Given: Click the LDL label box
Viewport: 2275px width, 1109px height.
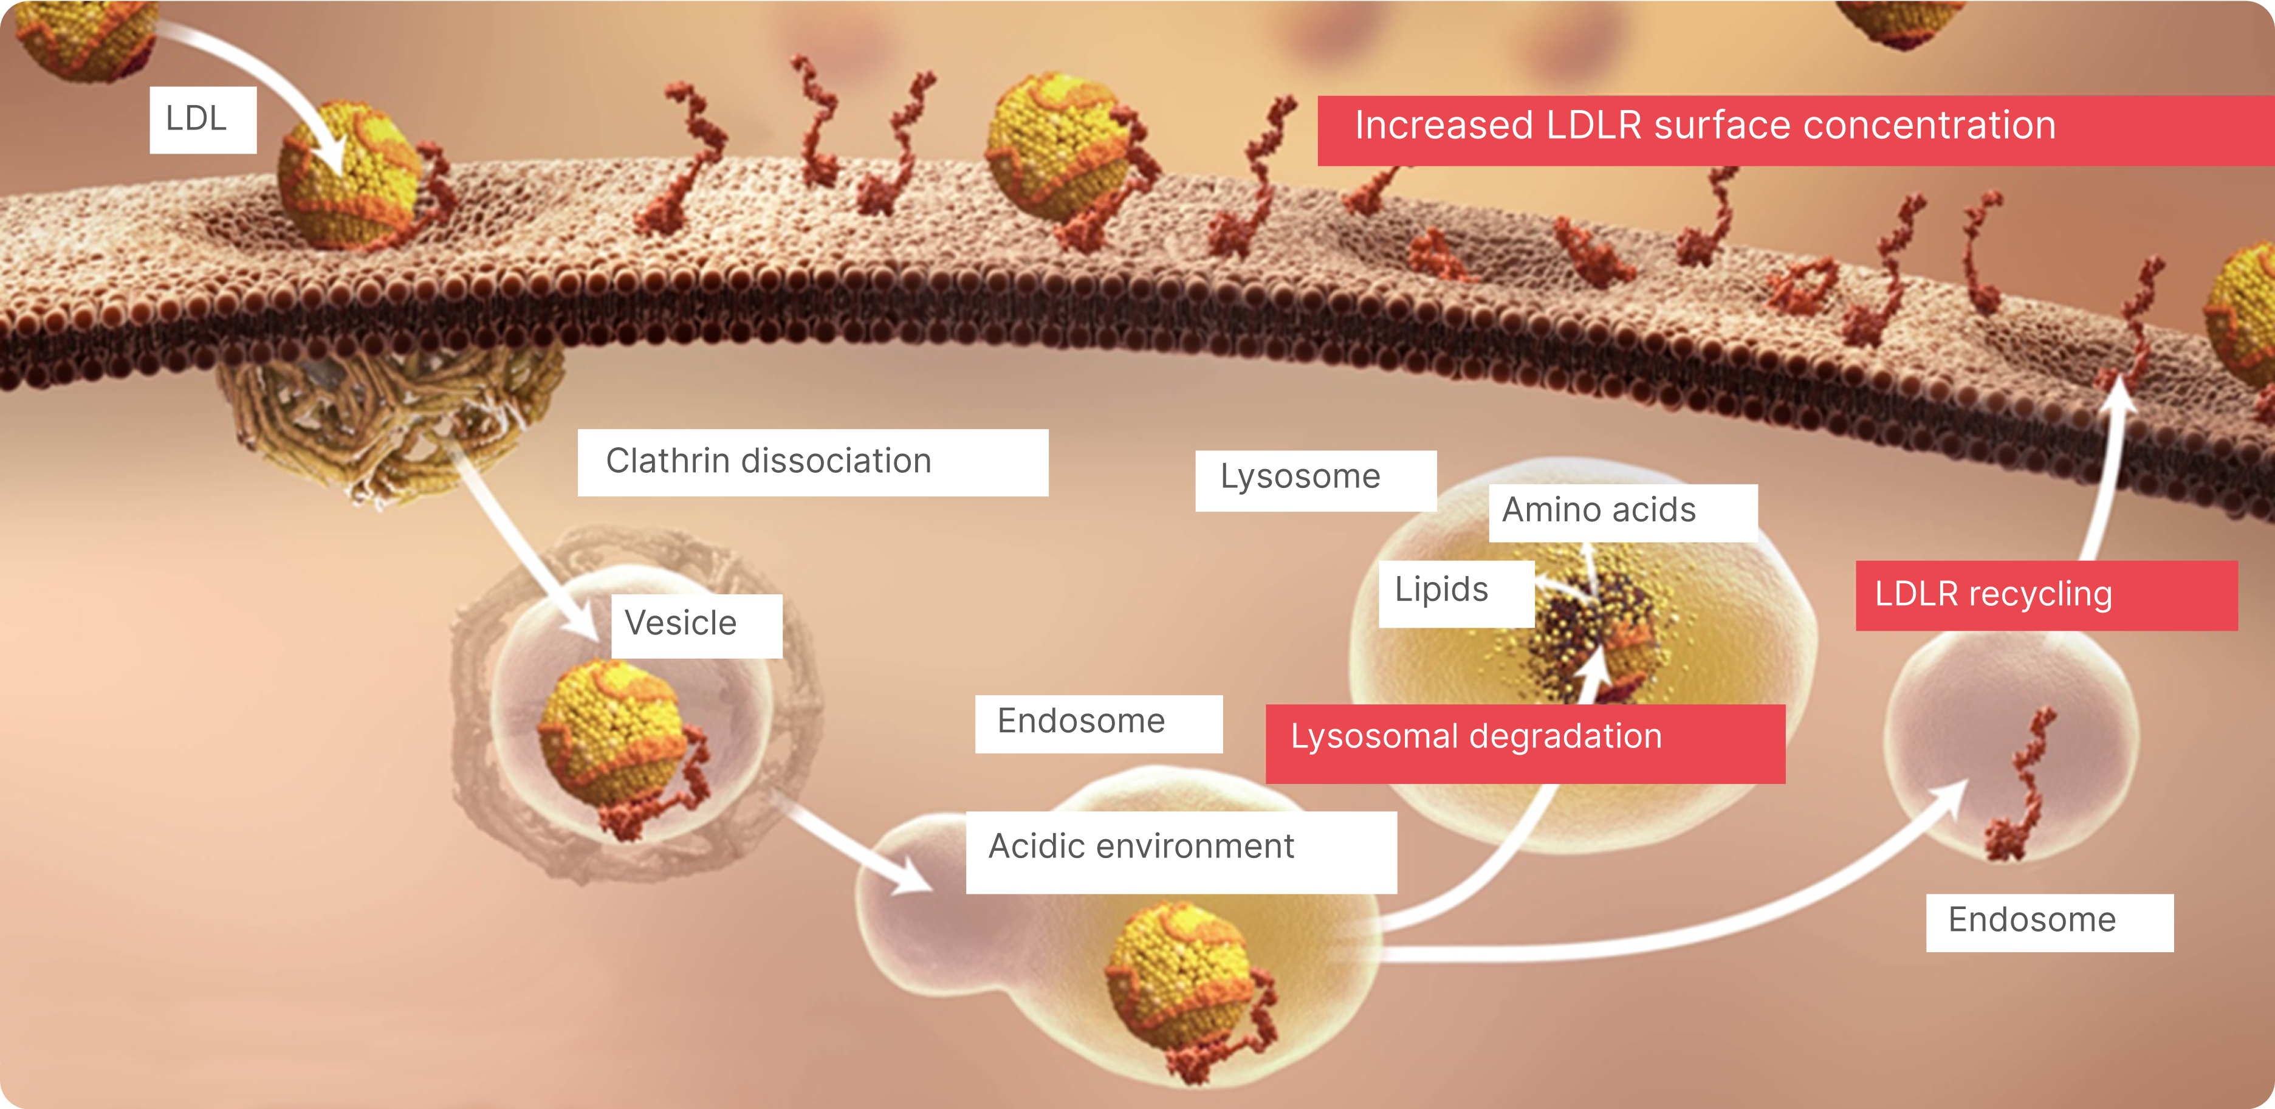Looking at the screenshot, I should (x=202, y=119).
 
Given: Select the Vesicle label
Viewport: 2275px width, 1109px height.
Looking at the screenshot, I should (x=696, y=624).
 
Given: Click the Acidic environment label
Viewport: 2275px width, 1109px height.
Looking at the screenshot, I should (x=1180, y=850).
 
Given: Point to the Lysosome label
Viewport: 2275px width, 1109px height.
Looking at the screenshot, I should (x=1314, y=479).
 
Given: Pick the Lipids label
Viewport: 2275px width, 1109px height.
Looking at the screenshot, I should (x=1455, y=592).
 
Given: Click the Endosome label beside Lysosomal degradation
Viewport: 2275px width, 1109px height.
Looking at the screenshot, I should (x=1098, y=723).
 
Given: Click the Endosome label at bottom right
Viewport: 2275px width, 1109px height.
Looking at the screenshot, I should (x=2049, y=922).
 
